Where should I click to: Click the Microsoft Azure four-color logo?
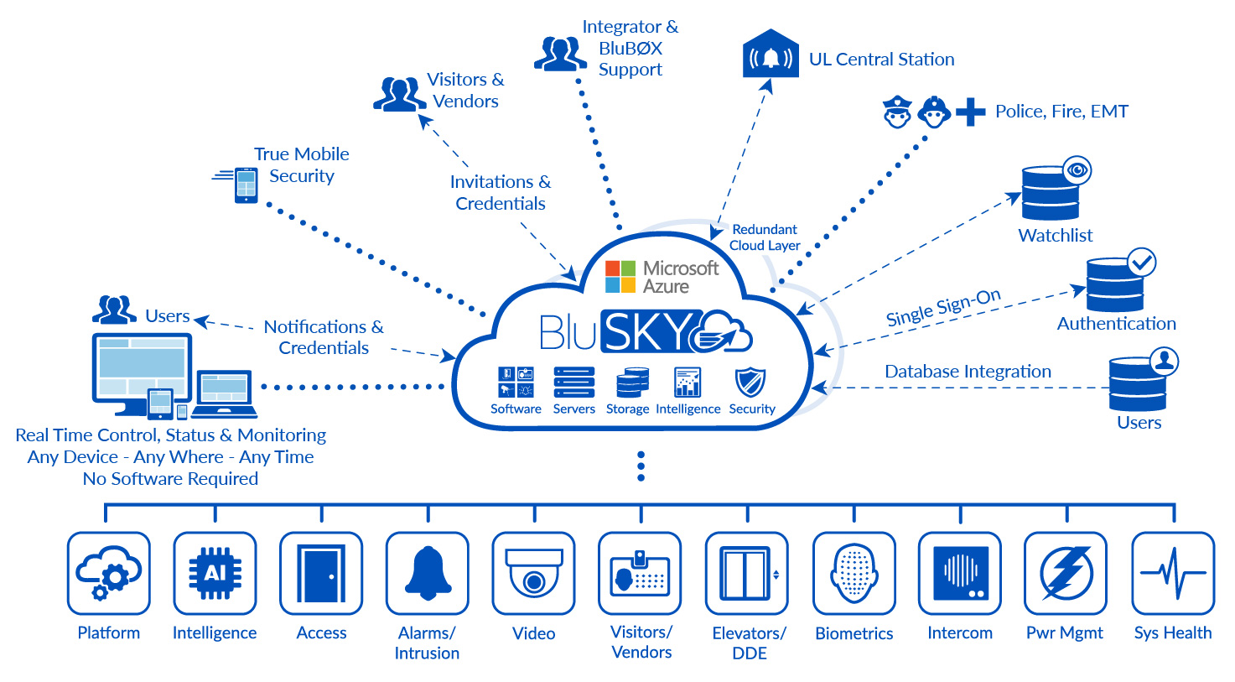pos(620,277)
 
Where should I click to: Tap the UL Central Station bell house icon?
pos(771,55)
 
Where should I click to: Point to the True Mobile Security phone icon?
pos(246,185)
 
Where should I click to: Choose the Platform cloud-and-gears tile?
pos(109,573)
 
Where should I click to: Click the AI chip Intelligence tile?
pos(215,573)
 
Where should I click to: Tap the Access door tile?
pos(321,573)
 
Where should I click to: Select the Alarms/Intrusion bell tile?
pos(428,573)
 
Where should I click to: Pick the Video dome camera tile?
pos(534,573)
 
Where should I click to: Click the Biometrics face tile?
pos(854,573)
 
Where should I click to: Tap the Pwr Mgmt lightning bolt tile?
pos(1066,573)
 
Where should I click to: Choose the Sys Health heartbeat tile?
pos(1173,573)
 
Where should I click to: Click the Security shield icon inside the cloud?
pos(750,383)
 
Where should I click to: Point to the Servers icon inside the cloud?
pos(574,383)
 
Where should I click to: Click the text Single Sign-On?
pos(943,308)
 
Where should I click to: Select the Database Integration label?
pos(968,372)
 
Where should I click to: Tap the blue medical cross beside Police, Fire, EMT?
pos(970,112)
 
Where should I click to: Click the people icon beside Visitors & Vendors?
pos(399,94)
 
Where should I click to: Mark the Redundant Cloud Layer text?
pos(765,237)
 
